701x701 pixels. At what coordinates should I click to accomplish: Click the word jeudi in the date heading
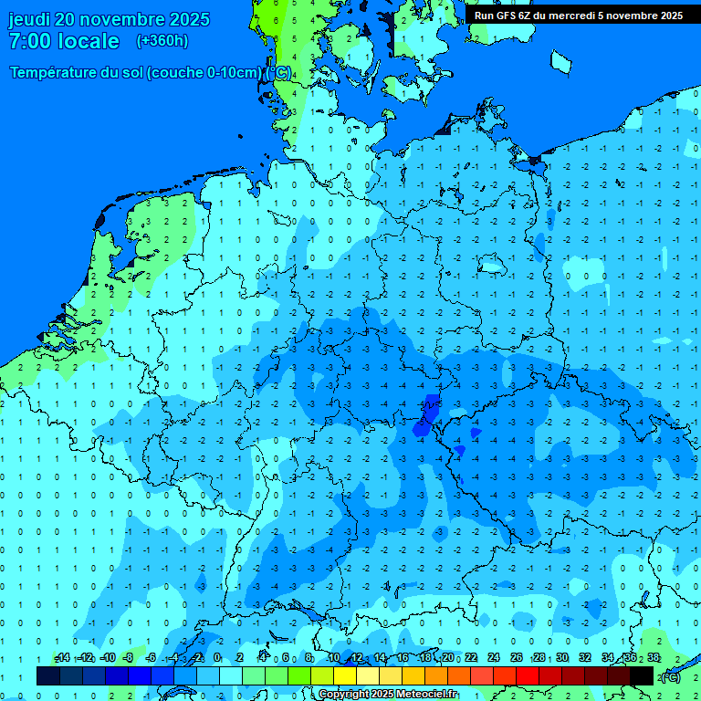click(29, 19)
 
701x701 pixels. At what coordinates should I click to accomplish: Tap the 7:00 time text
click(28, 41)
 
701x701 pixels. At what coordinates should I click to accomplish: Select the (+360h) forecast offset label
click(162, 41)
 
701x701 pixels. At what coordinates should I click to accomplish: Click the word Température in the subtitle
click(55, 72)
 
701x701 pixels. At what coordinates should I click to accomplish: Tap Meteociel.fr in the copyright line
click(423, 695)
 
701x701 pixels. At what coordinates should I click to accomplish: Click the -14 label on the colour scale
click(62, 658)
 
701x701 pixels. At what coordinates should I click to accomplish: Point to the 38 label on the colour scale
click(654, 658)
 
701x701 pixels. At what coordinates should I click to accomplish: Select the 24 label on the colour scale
click(494, 658)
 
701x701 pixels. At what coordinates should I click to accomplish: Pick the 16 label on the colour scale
click(403, 658)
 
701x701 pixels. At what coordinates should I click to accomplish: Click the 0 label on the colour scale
click(218, 658)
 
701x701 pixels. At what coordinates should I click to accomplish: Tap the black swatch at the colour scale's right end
click(642, 675)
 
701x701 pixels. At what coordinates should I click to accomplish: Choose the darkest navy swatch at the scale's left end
click(48, 675)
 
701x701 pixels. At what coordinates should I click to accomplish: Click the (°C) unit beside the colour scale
click(671, 676)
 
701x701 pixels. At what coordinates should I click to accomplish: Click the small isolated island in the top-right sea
click(560, 61)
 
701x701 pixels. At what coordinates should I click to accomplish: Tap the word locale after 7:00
click(86, 41)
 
